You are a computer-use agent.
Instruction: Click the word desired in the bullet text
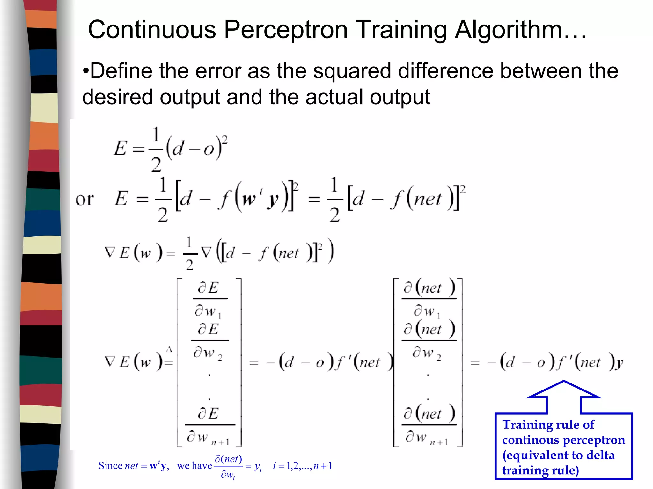117,97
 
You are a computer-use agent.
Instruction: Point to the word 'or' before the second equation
84,199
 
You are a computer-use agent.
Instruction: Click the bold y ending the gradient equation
619,363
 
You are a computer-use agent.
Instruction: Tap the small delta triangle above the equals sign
169,350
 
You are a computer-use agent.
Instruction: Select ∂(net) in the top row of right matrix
429,288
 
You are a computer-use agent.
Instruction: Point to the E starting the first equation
121,148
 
